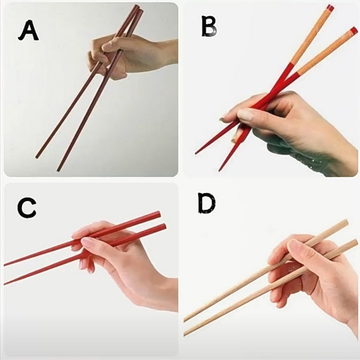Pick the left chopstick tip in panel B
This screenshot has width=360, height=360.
[x=196, y=153]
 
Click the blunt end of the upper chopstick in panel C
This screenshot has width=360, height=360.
[x=158, y=214]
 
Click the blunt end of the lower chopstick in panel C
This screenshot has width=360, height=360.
[x=164, y=227]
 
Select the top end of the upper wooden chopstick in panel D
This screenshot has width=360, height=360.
[x=346, y=223]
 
